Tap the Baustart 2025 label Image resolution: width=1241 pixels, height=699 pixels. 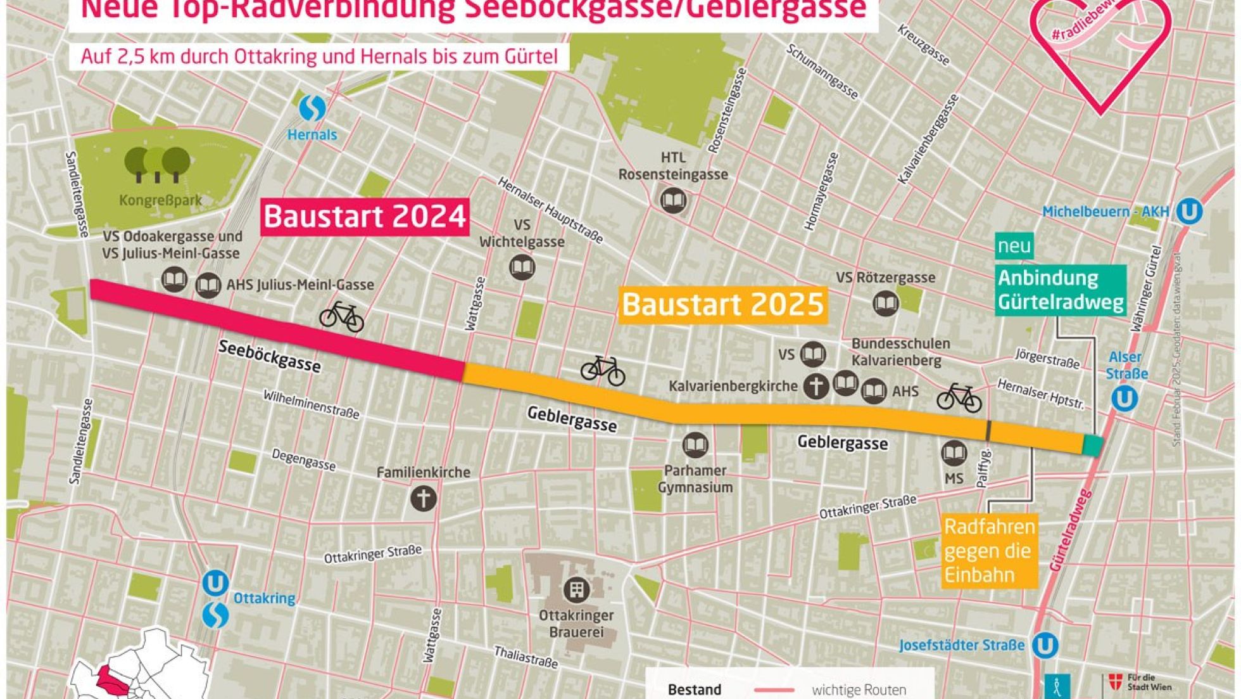(x=722, y=305)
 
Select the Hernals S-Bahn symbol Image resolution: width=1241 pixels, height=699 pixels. (x=312, y=108)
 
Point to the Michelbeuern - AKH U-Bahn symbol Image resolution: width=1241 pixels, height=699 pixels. (x=1189, y=212)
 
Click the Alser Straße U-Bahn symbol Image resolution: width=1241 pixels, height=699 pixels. (x=1124, y=399)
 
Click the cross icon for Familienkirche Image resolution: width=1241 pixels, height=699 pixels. (x=424, y=498)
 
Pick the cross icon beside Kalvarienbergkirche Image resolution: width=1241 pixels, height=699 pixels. (x=816, y=386)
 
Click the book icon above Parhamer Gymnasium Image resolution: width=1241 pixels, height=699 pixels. (x=695, y=446)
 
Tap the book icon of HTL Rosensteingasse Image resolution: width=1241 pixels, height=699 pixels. (x=672, y=201)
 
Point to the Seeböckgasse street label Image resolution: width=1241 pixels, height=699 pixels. (x=270, y=356)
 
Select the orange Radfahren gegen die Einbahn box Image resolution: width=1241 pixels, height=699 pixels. (x=989, y=551)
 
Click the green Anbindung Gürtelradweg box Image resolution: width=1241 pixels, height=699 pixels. (x=1061, y=290)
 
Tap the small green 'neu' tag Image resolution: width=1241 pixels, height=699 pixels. (x=1014, y=246)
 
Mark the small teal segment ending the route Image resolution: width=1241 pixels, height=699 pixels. (x=1092, y=445)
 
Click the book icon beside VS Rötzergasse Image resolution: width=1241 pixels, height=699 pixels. (x=885, y=303)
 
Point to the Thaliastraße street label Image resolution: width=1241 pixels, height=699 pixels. (x=526, y=658)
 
